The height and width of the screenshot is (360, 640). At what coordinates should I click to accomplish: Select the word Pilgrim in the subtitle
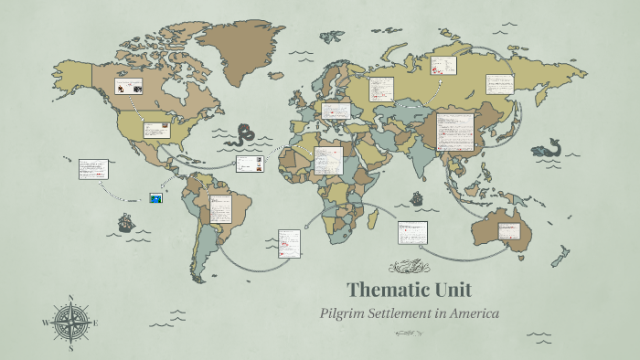point(342,313)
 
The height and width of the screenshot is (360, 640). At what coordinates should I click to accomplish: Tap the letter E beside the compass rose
point(96,323)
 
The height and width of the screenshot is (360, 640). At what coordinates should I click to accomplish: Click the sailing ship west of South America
point(125,222)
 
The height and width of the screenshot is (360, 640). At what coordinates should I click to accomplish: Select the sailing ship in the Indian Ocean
point(417,197)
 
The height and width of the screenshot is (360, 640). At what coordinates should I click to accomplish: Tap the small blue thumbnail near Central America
point(156,196)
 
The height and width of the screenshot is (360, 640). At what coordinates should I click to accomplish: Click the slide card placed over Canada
point(128,88)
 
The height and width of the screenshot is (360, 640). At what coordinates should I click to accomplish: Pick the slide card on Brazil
point(220,209)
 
